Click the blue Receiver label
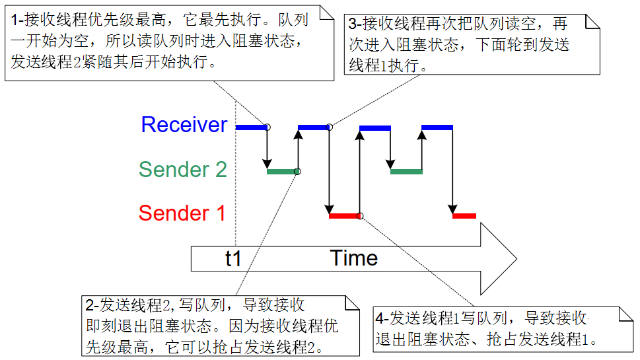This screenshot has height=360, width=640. [184, 124]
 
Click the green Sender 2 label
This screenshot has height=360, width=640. [182, 169]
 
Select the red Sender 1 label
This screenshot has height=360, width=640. [182, 213]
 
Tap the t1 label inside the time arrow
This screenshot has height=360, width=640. [233, 258]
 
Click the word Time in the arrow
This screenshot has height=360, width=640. [354, 258]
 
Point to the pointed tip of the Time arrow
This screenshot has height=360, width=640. [516, 259]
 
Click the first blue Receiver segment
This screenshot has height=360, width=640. [252, 127]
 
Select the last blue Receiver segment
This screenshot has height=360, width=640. [437, 127]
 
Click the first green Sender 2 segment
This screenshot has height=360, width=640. [281, 172]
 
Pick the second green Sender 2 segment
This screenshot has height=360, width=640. [406, 172]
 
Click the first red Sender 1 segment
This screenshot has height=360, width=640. [343, 215]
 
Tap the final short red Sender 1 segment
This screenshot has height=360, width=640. [464, 215]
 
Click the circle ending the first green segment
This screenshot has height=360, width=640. [298, 172]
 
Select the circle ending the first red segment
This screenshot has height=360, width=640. [359, 216]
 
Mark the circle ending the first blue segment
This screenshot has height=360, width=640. [267, 127]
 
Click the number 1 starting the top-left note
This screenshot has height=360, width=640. [15, 20]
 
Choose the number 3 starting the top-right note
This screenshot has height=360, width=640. [353, 24]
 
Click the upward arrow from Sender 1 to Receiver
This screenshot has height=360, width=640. [359, 172]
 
